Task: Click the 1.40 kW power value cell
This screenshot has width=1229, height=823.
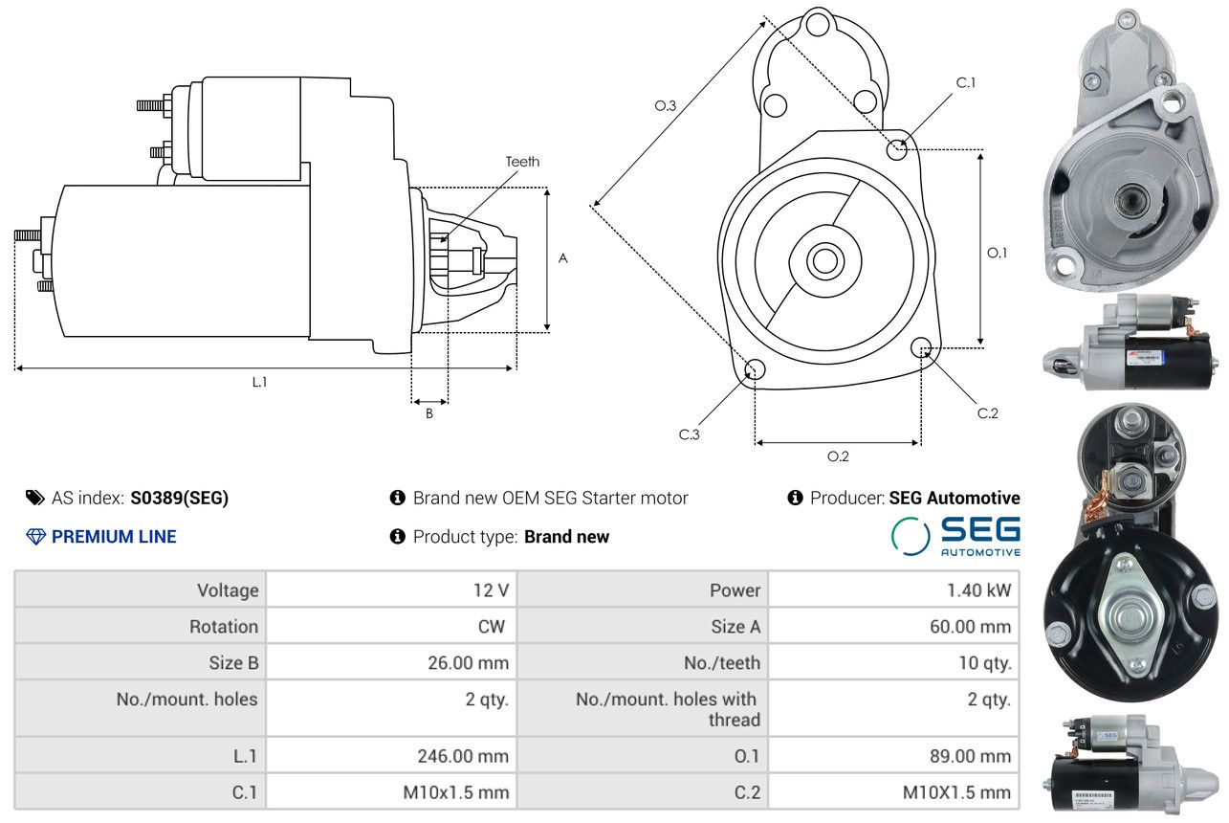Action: pyautogui.click(x=978, y=590)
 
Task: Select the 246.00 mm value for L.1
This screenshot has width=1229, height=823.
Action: pyautogui.click(x=463, y=756)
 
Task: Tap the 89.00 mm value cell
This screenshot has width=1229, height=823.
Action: pyautogui.click(x=970, y=756)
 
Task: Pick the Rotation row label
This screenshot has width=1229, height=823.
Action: pyautogui.click(x=224, y=627)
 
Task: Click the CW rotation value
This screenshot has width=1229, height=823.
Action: pyautogui.click(x=491, y=627)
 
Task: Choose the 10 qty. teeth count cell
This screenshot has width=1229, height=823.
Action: pyautogui.click(x=985, y=663)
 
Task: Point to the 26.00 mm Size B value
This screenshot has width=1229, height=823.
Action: pyautogui.click(x=468, y=662)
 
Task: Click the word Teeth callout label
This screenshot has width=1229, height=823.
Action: pyautogui.click(x=522, y=162)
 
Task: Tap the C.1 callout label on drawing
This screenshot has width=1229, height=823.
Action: pyautogui.click(x=966, y=82)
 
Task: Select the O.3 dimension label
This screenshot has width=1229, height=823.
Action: pyautogui.click(x=665, y=105)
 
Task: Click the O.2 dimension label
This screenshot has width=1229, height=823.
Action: pyautogui.click(x=838, y=456)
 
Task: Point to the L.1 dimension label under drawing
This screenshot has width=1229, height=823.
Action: pyautogui.click(x=259, y=382)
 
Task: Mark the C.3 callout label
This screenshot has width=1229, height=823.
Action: pyautogui.click(x=690, y=434)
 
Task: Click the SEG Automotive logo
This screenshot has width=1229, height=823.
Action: pyautogui.click(x=955, y=536)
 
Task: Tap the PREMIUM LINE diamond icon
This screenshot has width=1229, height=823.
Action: pyautogui.click(x=35, y=537)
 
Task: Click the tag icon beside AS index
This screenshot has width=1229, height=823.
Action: pyautogui.click(x=35, y=498)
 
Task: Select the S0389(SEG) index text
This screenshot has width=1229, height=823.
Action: pyautogui.click(x=180, y=498)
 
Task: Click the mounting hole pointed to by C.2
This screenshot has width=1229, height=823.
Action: pyautogui.click(x=921, y=347)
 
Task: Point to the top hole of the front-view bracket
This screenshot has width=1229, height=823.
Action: pyautogui.click(x=818, y=25)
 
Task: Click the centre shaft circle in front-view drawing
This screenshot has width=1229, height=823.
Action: pyautogui.click(x=824, y=261)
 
